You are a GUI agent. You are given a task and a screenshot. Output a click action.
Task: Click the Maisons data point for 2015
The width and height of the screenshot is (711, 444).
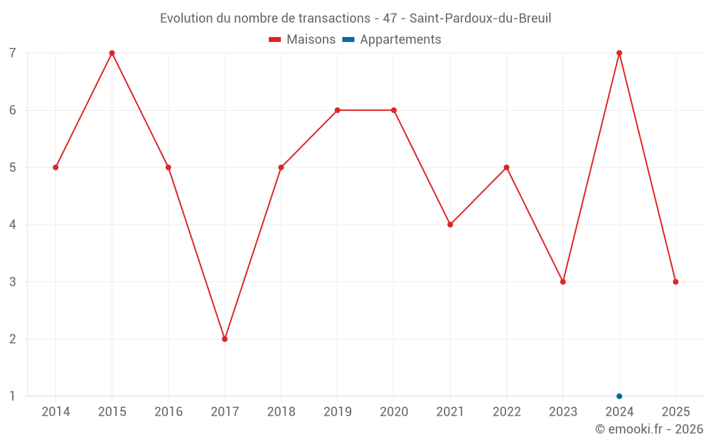(112, 53)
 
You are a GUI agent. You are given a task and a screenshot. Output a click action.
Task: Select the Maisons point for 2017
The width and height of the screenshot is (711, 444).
(225, 339)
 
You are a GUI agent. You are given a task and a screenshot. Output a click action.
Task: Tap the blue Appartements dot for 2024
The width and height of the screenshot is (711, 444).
(619, 396)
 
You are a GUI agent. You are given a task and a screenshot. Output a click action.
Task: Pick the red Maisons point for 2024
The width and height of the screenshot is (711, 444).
(619, 53)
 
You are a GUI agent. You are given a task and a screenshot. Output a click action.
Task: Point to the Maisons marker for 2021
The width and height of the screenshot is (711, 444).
(450, 224)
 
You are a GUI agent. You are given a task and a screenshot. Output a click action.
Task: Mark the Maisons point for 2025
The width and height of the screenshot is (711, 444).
(675, 282)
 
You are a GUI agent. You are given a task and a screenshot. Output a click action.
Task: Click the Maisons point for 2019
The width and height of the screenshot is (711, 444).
(337, 110)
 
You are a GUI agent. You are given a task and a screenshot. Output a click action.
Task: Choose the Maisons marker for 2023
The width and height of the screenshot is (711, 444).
(563, 282)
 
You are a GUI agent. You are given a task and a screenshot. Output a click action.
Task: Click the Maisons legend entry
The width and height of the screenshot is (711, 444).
(302, 40)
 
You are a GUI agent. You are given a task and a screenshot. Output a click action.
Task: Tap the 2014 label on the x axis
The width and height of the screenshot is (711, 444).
(55, 412)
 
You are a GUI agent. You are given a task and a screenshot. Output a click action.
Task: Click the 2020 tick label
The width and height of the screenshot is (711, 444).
(394, 412)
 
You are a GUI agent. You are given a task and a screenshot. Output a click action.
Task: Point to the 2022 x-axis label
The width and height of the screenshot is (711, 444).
(506, 412)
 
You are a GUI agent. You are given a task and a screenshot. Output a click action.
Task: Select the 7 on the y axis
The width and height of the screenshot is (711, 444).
(13, 53)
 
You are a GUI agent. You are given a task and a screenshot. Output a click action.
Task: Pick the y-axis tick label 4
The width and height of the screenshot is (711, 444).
(13, 224)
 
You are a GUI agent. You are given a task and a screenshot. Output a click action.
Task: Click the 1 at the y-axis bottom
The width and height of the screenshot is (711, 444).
(13, 396)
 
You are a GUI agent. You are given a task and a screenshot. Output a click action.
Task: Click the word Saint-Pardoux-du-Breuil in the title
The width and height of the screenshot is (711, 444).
(481, 18)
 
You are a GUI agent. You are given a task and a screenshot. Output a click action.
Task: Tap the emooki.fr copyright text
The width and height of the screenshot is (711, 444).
(649, 429)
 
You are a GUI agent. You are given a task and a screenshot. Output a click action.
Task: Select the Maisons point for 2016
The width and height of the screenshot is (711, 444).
(169, 168)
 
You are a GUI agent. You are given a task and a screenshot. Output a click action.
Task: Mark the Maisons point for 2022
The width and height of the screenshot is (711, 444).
(506, 168)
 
